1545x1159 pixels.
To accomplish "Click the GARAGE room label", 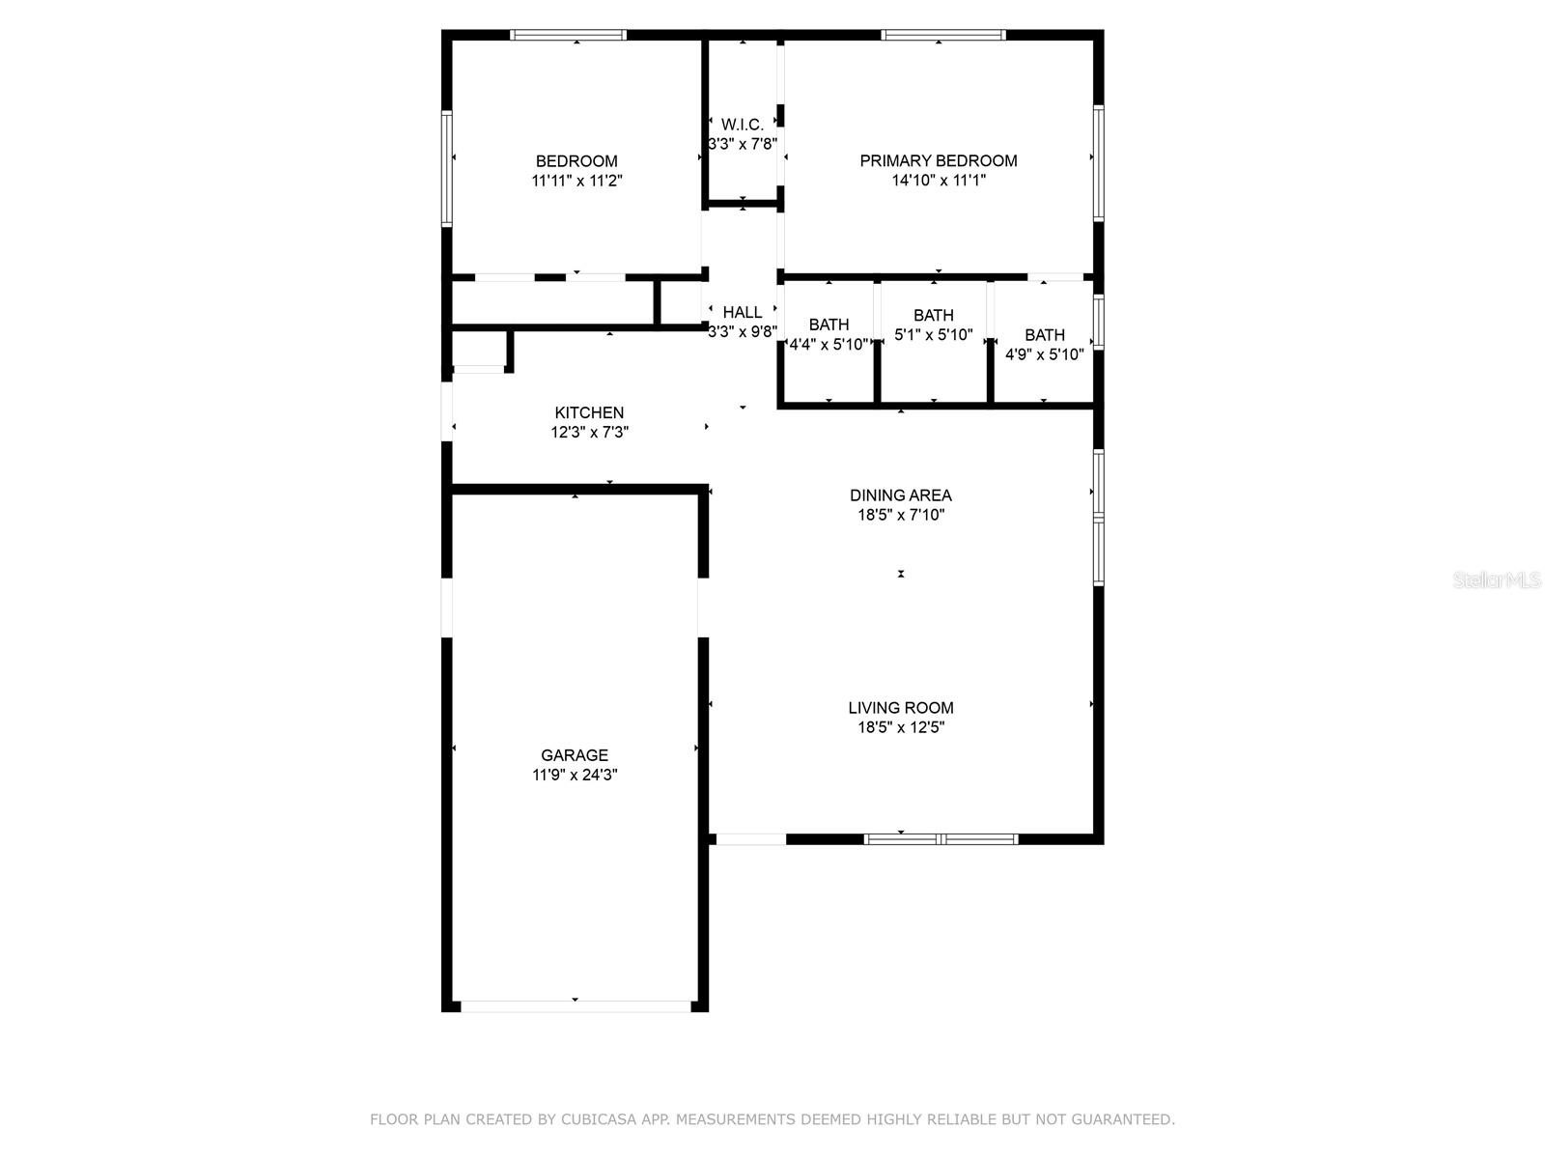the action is coord(574,755).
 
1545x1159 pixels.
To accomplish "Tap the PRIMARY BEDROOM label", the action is coord(938,160).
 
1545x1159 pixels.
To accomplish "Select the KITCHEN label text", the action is coord(588,412).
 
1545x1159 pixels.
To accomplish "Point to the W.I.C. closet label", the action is coord(742,125).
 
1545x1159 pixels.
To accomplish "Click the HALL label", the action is coord(742,312).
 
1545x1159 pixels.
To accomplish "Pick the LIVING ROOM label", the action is coord(900,707).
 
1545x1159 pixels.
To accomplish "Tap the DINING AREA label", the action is coord(900,495).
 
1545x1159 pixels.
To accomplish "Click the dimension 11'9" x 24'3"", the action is coord(575,775).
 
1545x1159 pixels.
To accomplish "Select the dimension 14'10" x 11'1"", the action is coord(939,181).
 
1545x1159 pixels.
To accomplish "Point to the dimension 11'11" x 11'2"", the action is coord(576,181).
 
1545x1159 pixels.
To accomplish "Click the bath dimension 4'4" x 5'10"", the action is coord(829,344).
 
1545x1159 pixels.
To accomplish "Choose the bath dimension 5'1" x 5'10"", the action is coord(934,335).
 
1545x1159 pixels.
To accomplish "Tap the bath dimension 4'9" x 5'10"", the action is coord(1044,354).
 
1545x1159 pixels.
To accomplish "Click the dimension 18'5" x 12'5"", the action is coord(900,727).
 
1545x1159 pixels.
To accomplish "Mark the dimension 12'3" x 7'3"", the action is coord(589,432).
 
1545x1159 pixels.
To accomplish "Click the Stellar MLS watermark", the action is coord(1497,579).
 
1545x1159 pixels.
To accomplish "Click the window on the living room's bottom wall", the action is coord(941,838).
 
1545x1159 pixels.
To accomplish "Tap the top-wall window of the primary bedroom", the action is coord(943,35).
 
